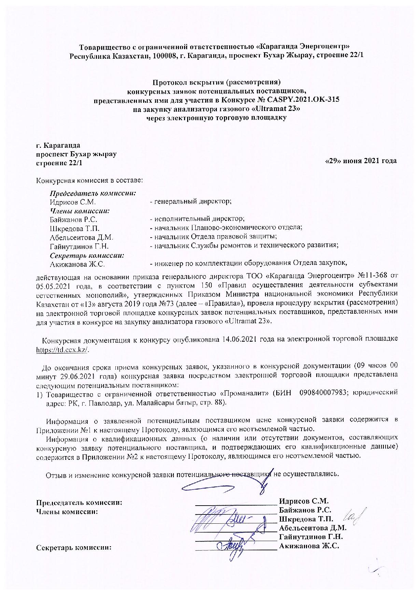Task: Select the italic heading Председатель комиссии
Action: point(93,193)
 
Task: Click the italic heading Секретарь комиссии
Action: point(87,255)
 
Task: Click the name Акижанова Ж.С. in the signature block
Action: point(309,546)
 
